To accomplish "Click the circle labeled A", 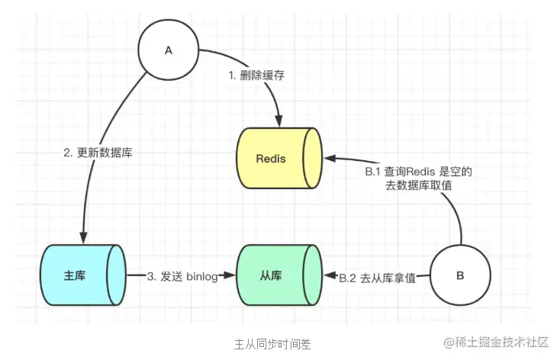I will tap(169, 50).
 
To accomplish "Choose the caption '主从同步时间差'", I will tap(272, 342).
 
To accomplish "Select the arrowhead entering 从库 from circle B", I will tap(330, 276).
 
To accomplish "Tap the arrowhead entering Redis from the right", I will tap(328, 159).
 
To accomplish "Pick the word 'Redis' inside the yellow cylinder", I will tap(271, 159).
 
